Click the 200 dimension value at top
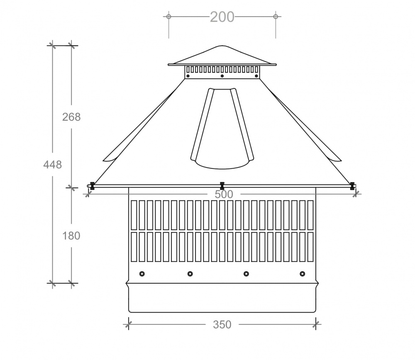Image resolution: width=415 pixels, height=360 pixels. pyautogui.click(x=222, y=17)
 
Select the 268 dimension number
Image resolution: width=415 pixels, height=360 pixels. pyautogui.click(x=71, y=117)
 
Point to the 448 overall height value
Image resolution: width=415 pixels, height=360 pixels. pyautogui.click(x=53, y=165)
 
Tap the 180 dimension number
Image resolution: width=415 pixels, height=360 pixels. pyautogui.click(x=71, y=236)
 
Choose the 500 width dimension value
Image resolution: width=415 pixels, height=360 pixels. pyautogui.click(x=224, y=194)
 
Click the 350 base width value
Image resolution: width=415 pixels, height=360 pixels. pyautogui.click(x=222, y=325)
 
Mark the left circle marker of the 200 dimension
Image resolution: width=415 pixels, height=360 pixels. pyautogui.click(x=168, y=17)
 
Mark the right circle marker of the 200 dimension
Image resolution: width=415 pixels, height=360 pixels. pyautogui.click(x=276, y=17)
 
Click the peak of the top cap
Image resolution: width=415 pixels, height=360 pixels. pyautogui.click(x=222, y=46)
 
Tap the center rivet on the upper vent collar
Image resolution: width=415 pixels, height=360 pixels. pyautogui.click(x=222, y=76)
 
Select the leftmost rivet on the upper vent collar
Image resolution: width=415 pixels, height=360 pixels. pyautogui.click(x=188, y=76)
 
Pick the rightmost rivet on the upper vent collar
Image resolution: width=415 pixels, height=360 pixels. pyautogui.click(x=256, y=76)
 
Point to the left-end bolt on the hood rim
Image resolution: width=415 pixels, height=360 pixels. pyautogui.click(x=92, y=185)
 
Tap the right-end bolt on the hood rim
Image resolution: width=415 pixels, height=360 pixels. pyautogui.click(x=352, y=185)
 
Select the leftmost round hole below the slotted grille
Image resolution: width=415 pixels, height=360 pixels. pyautogui.click(x=142, y=274)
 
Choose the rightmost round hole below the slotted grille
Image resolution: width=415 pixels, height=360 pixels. pyautogui.click(x=302, y=274)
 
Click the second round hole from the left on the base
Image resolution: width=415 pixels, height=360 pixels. pyautogui.click(x=190, y=274)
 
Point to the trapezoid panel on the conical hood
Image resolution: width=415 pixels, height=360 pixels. pyautogui.click(x=222, y=129)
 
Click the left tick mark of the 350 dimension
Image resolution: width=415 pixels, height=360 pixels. pyautogui.click(x=129, y=323)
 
